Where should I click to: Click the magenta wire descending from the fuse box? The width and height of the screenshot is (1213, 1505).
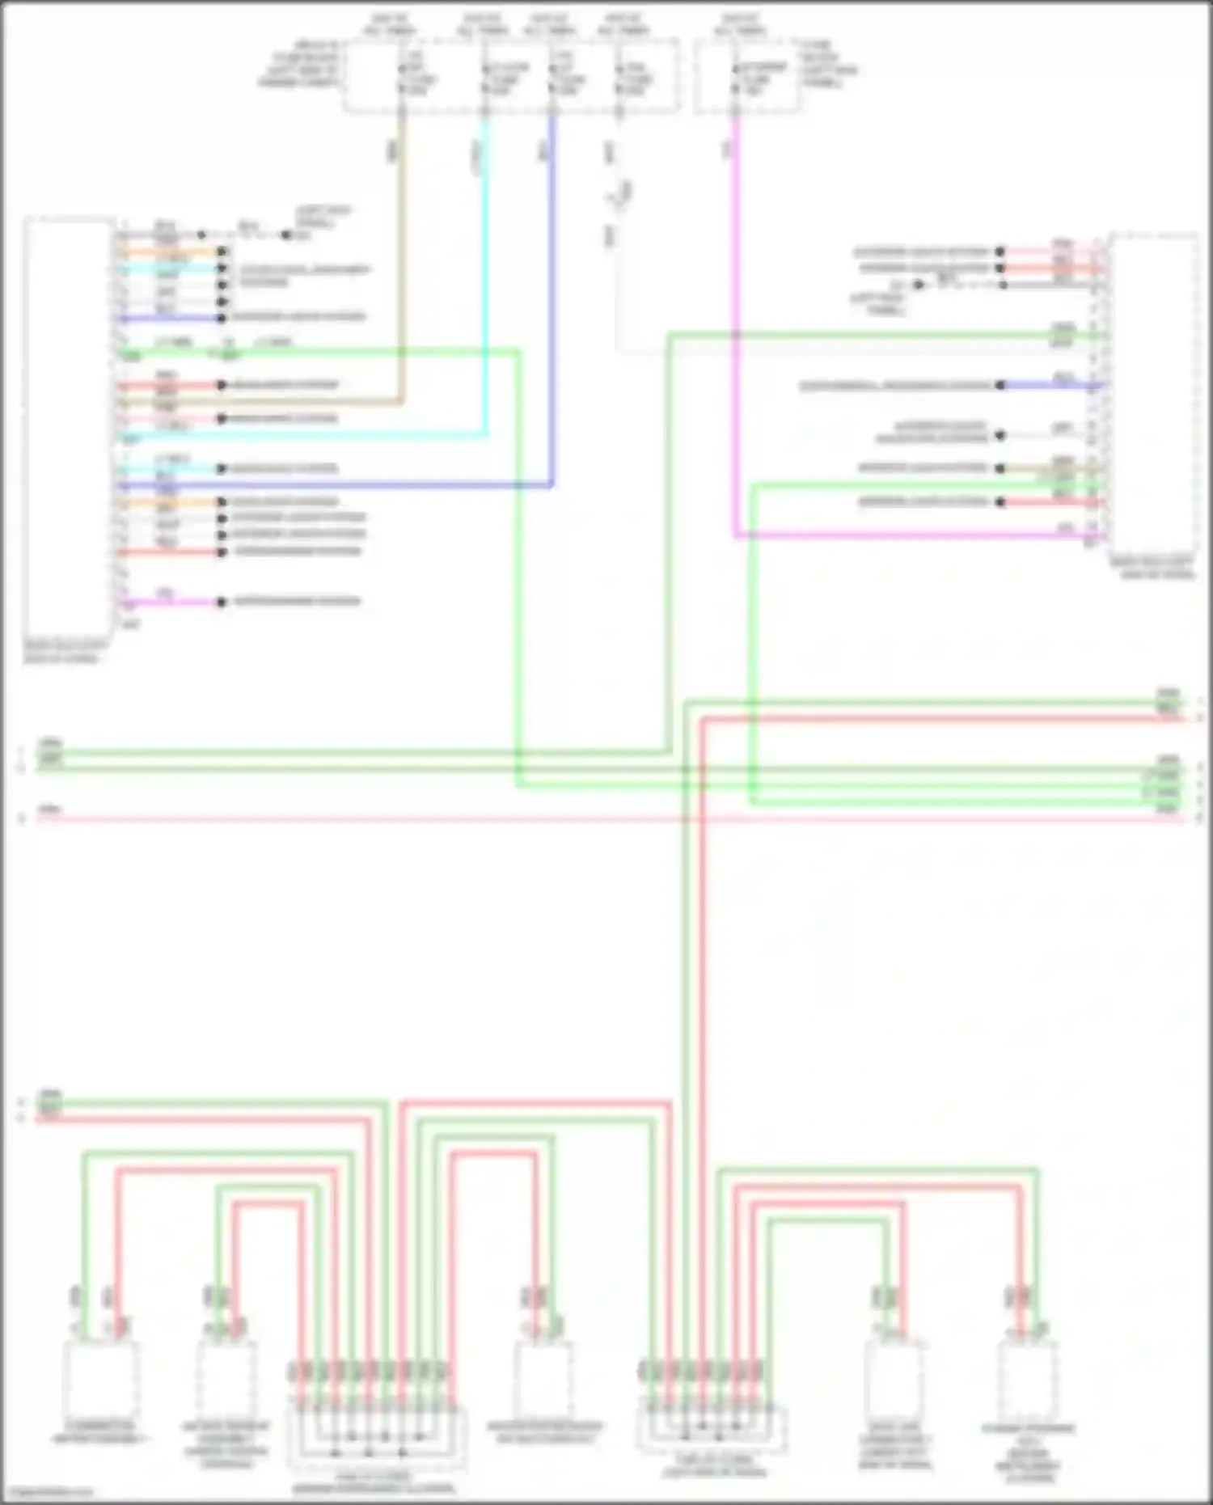pos(735,323)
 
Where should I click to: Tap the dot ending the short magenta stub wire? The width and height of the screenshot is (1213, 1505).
pos(221,602)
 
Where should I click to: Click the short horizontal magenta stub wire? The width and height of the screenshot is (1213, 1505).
pos(170,602)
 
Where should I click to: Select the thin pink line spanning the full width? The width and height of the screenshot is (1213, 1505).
pos(606,819)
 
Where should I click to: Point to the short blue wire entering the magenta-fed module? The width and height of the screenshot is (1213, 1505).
pos(1051,385)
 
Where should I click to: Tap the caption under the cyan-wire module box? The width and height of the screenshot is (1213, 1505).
pos(65,652)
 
